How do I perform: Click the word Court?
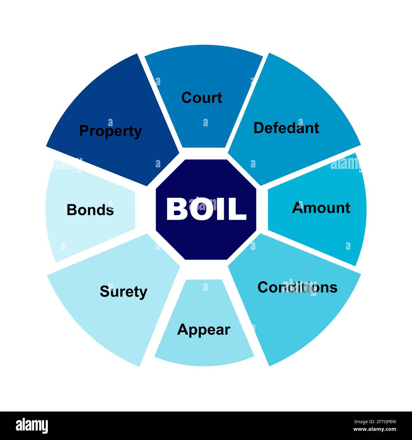[202, 97]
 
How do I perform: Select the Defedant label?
[286, 128]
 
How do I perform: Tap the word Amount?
[321, 208]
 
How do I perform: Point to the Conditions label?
[297, 287]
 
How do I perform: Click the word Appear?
[203, 330]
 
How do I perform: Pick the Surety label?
[123, 292]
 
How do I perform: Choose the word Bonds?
[90, 210]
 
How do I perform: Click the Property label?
[110, 131]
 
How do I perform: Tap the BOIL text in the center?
[206, 209]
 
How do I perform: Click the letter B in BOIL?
[177, 209]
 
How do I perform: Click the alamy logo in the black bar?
[32, 426]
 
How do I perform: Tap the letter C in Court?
[187, 97]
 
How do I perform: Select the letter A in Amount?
[298, 208]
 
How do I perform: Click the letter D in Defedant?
[259, 128]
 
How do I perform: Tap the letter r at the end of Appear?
[227, 330]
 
